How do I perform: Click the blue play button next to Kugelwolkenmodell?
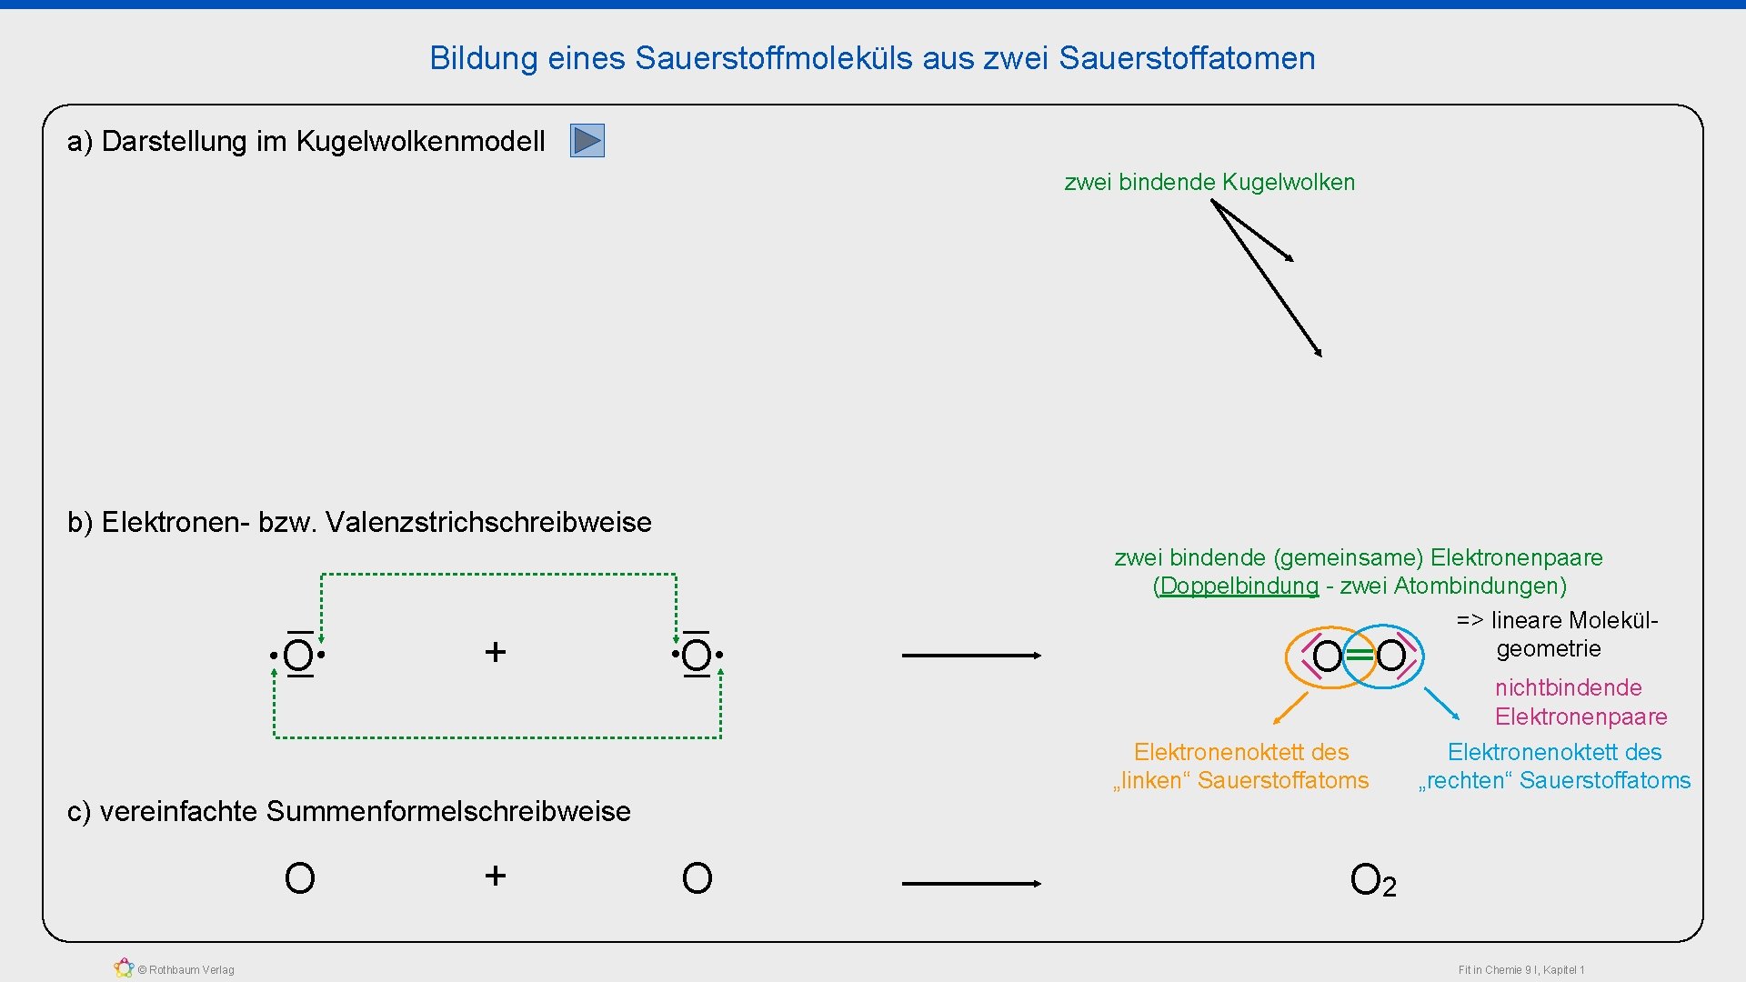click(x=587, y=141)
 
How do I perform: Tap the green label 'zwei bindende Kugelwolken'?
click(x=1209, y=183)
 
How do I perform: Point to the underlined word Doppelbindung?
click(x=1239, y=586)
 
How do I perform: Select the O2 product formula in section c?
click(x=1372, y=880)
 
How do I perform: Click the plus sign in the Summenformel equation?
click(x=495, y=876)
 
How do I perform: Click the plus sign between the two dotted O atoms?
click(x=495, y=652)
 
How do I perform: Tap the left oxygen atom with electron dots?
click(x=298, y=655)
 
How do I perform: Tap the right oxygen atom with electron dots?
click(x=697, y=655)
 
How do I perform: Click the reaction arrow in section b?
click(x=971, y=655)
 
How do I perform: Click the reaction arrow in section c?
click(x=971, y=883)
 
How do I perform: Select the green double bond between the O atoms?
click(x=1359, y=656)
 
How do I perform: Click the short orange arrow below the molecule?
click(x=1290, y=708)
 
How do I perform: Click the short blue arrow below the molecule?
click(x=1441, y=704)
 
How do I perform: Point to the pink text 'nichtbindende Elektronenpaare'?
click(x=1580, y=702)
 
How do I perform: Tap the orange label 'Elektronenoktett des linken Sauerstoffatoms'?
click(x=1241, y=767)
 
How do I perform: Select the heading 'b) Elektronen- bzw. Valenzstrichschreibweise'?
click(x=359, y=523)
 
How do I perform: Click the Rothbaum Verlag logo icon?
click(x=124, y=968)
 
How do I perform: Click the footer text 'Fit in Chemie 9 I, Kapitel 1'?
click(x=1521, y=970)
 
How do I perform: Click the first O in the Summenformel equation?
click(x=299, y=879)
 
